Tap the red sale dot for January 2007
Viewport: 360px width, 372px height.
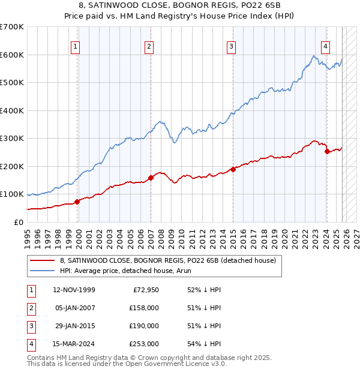(151, 178)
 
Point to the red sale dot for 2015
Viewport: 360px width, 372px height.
(233, 169)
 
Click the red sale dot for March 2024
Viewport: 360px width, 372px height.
(327, 152)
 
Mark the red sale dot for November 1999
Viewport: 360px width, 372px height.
(77, 202)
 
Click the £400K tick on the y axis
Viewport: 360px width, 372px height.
(12, 110)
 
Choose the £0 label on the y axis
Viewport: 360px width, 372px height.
(18, 222)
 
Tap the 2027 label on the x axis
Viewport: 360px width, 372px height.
(356, 238)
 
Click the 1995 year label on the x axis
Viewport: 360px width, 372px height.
(28, 238)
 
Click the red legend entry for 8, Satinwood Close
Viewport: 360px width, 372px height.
(167, 260)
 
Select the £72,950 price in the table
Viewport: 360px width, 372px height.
(145, 289)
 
